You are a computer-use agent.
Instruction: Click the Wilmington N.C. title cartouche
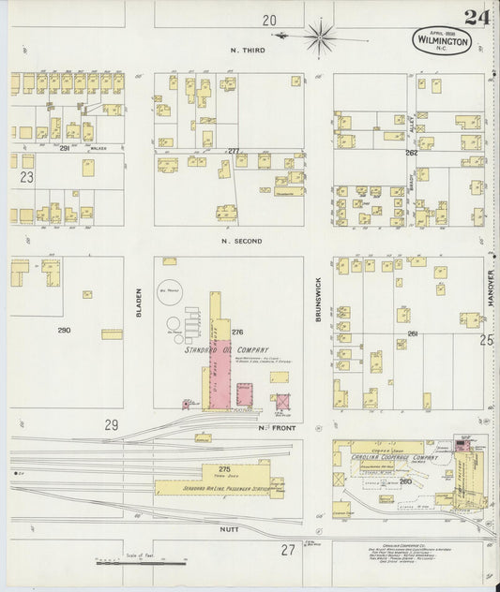pyautogui.click(x=440, y=39)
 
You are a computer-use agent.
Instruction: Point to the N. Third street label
pyautogui.click(x=248, y=50)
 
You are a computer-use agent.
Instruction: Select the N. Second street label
pyautogui.click(x=241, y=242)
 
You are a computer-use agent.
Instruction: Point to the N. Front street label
pyautogui.click(x=273, y=426)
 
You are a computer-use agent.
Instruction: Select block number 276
pyautogui.click(x=237, y=332)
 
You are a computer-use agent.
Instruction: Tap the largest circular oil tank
pyautogui.click(x=171, y=291)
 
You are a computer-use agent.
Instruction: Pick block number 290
pyautogui.click(x=64, y=330)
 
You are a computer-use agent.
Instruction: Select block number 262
pyautogui.click(x=411, y=152)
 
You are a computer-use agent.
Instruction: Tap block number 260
pyautogui.click(x=405, y=481)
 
